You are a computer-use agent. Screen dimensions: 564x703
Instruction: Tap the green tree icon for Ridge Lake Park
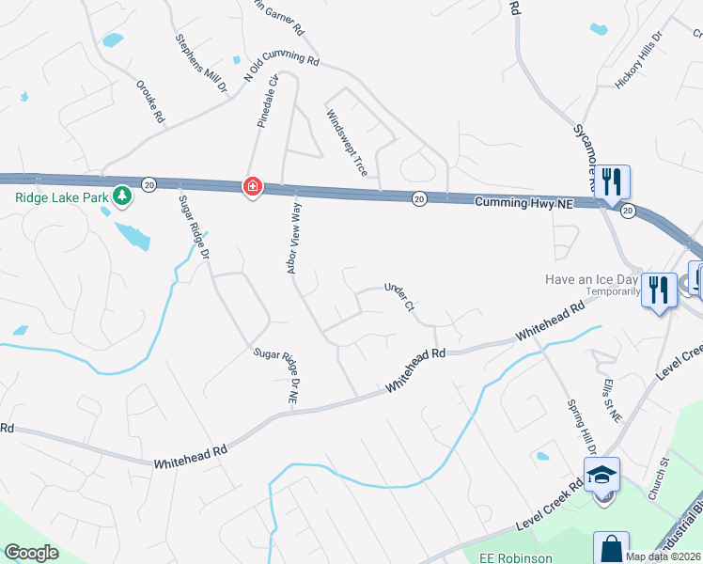pyautogui.click(x=121, y=196)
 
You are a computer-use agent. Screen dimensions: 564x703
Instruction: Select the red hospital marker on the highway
pyautogui.click(x=252, y=188)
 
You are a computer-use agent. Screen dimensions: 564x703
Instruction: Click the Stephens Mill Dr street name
pyautogui.click(x=202, y=64)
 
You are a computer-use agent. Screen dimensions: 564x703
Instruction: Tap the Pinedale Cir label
pyautogui.click(x=268, y=102)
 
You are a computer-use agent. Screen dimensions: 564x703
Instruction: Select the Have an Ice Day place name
pyautogui.click(x=593, y=279)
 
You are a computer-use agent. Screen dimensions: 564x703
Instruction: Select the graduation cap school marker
pyautogui.click(x=601, y=476)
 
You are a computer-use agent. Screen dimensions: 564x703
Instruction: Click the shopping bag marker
pyautogui.click(x=611, y=548)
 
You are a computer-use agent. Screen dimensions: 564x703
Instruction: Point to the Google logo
pyautogui.click(x=31, y=553)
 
